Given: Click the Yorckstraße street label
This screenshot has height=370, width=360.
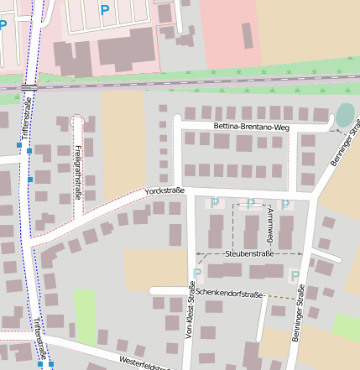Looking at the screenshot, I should pyautogui.click(x=164, y=191).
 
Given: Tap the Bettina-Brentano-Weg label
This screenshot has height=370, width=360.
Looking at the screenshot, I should pyautogui.click(x=251, y=127).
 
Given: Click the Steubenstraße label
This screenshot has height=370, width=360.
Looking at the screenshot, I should pyautogui.click(x=249, y=253).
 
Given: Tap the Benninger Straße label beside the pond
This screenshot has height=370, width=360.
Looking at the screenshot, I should pyautogui.click(x=344, y=143).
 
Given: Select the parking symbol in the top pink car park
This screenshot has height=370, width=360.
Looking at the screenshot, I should pyautogui.click(x=104, y=10).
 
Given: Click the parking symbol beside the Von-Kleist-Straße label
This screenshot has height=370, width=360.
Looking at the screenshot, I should pyautogui.click(x=197, y=274).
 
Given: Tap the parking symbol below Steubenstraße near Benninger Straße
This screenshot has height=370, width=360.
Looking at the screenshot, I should pyautogui.click(x=295, y=275).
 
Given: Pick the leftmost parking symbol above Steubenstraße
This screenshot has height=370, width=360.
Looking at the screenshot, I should pyautogui.click(x=215, y=202).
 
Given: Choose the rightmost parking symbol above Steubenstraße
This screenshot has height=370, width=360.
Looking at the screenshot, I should pyautogui.click(x=285, y=204).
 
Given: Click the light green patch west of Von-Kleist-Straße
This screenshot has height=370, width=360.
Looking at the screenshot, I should pyautogui.click(x=85, y=316).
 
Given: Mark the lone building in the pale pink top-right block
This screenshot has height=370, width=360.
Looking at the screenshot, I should pyautogui.click(x=247, y=35).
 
